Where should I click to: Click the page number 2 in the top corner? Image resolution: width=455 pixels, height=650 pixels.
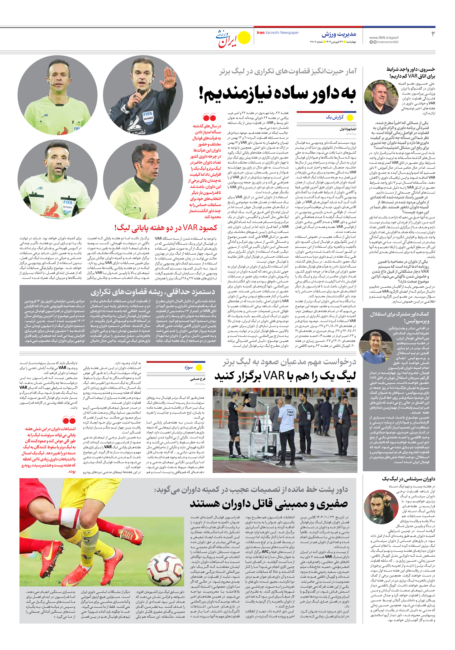[x=433, y=34]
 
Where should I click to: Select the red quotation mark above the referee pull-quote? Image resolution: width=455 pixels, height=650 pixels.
[x=209, y=117]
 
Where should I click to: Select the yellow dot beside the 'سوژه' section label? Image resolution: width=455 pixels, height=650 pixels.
[x=199, y=368]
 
